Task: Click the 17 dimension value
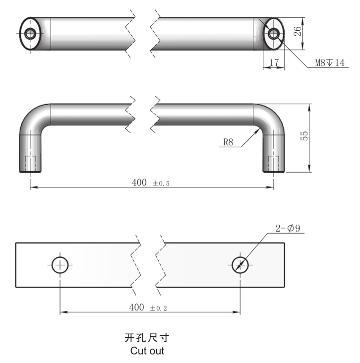(273, 62)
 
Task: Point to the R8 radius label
(228, 142)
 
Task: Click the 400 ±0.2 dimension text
(148, 307)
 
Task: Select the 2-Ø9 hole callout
(288, 229)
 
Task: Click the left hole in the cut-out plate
(60, 265)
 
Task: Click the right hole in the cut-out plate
(240, 265)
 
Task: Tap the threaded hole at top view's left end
(31, 34)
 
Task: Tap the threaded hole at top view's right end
(273, 34)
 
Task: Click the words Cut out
(147, 351)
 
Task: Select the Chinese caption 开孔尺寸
(147, 338)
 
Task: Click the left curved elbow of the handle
(34, 118)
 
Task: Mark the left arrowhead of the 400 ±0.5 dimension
(33, 187)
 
